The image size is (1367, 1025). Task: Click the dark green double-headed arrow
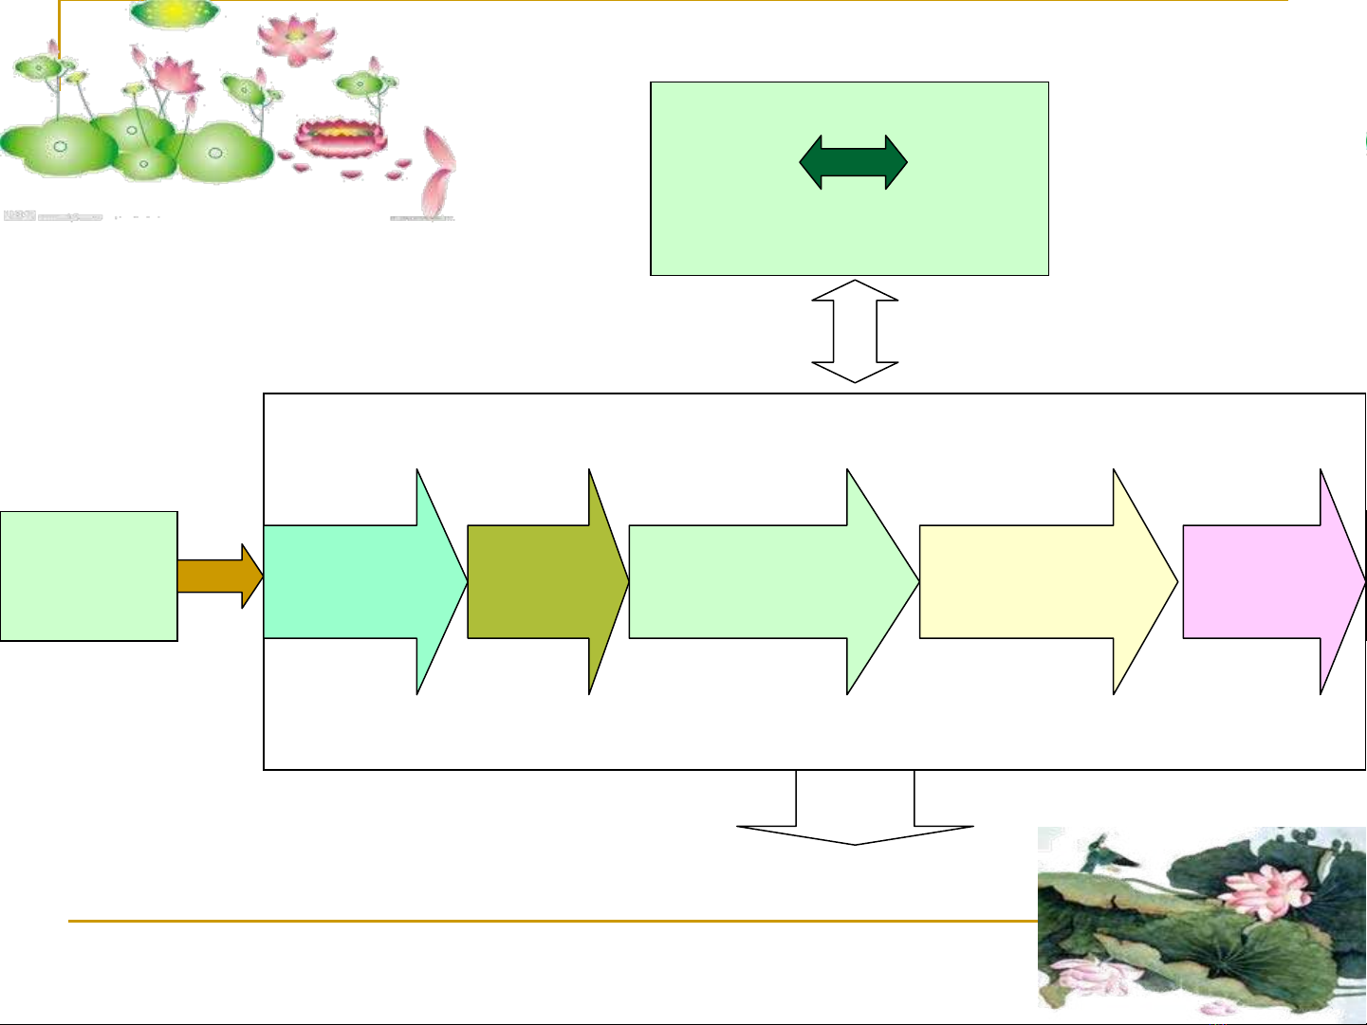854,162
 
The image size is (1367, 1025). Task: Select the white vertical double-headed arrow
855,331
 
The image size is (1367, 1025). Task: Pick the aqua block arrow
365,581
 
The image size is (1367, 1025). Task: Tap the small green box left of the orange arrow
88,576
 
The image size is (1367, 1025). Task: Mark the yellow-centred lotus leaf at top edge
175,12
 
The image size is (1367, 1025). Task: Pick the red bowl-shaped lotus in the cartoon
341,137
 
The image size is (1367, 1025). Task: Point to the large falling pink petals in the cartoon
438,171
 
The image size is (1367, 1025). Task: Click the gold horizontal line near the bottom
550,920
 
